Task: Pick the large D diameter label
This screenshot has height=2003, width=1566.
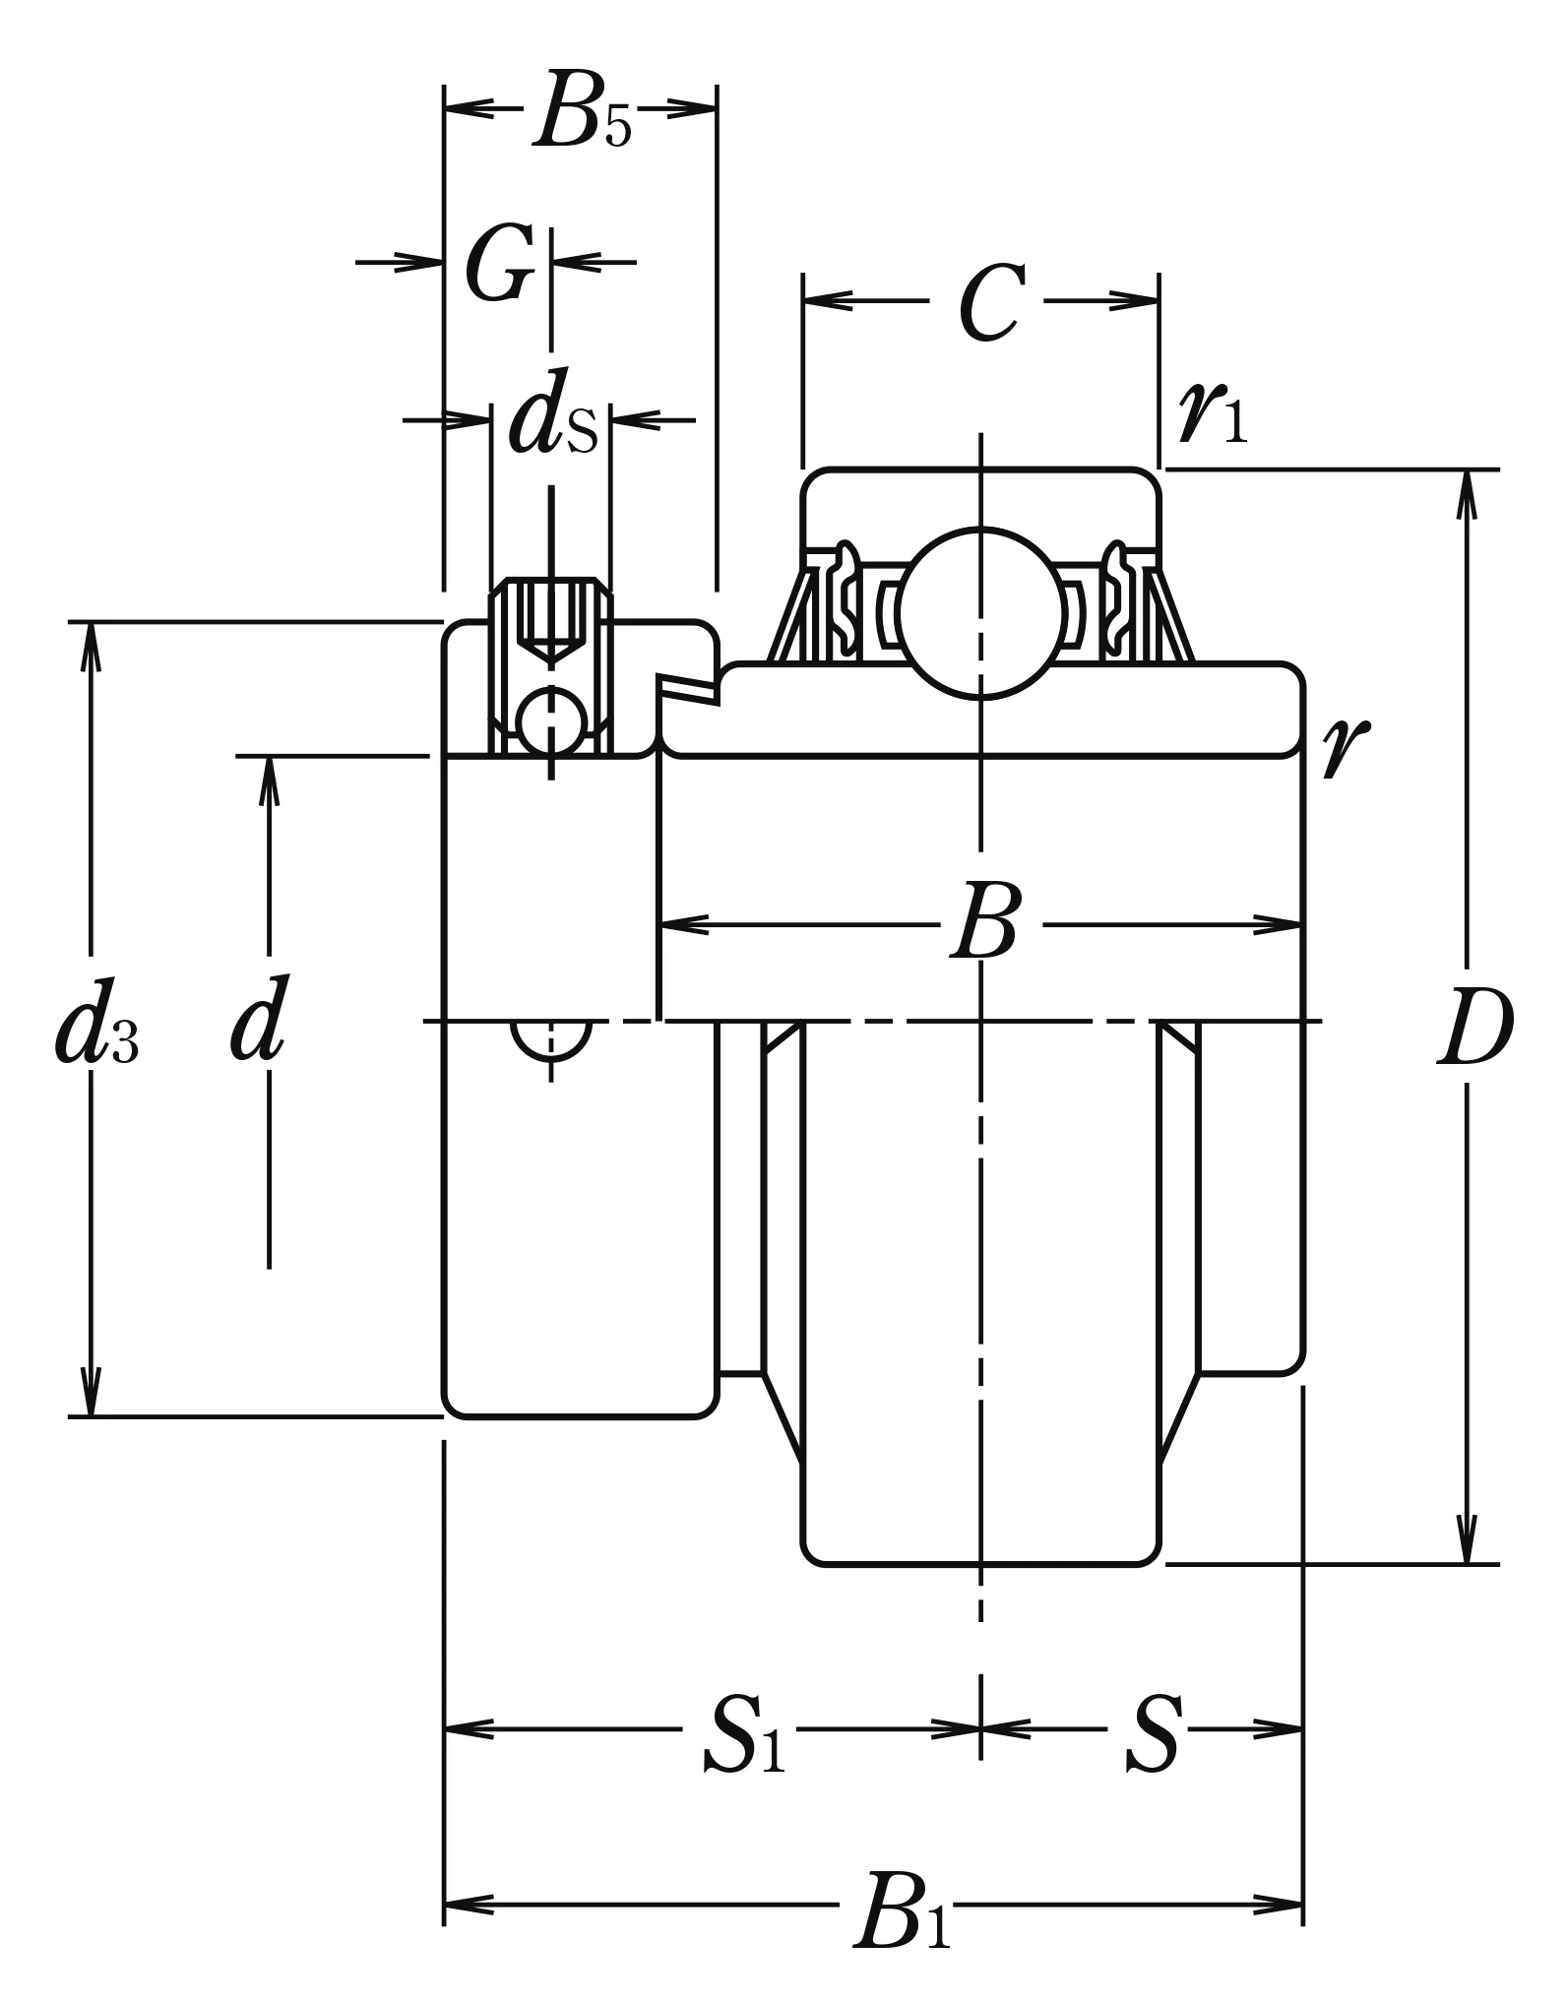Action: pos(1473,1029)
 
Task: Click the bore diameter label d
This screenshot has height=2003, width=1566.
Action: pos(259,1019)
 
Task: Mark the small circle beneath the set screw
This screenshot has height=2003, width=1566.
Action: pos(551,723)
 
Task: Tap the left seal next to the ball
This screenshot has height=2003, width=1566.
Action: pos(845,600)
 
